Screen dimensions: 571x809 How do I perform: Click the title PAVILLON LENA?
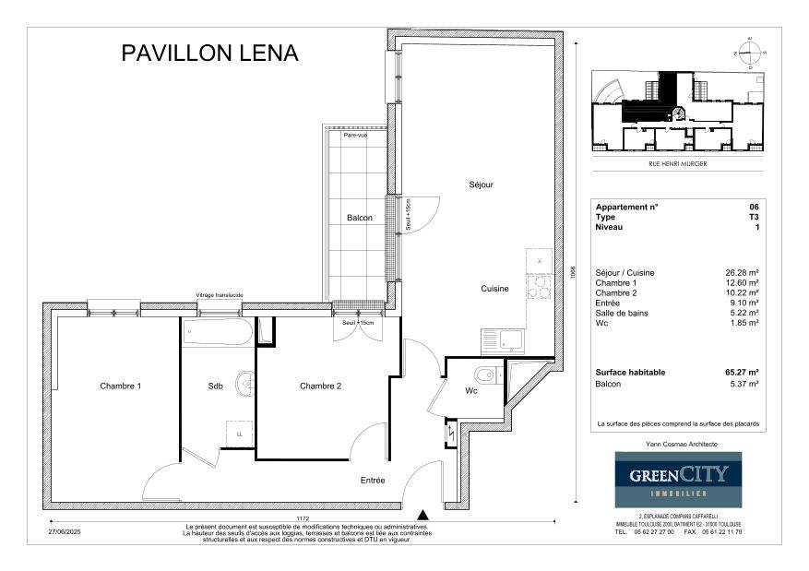click(x=210, y=54)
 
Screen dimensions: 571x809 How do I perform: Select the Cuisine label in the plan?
click(x=494, y=289)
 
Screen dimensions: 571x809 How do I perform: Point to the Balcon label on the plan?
click(x=360, y=218)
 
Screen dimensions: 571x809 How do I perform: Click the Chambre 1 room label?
click(x=122, y=386)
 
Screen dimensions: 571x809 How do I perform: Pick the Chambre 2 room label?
click(x=320, y=386)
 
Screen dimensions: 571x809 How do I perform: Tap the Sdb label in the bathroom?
click(x=216, y=386)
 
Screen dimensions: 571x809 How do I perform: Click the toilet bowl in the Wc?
click(x=484, y=375)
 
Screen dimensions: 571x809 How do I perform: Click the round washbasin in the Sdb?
click(x=244, y=383)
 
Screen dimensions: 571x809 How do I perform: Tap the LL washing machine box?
click(x=238, y=433)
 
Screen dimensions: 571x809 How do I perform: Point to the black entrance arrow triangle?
click(x=422, y=515)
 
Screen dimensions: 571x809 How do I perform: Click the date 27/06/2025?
click(x=65, y=531)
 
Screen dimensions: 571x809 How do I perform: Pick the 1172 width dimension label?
click(x=303, y=517)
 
